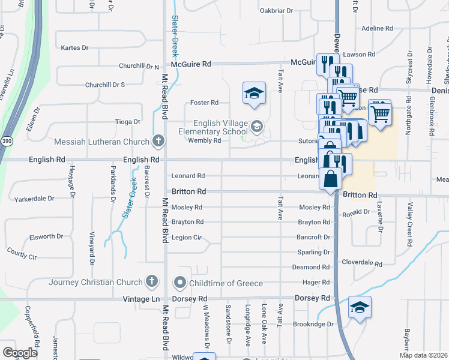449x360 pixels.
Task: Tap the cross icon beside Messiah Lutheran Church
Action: point(158,142)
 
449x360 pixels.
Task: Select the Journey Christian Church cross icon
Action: point(152,282)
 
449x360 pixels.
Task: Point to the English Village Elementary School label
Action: point(212,127)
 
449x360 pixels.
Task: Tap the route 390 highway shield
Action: point(5,140)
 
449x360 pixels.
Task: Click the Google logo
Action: point(20,352)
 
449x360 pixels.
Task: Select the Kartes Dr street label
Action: point(75,47)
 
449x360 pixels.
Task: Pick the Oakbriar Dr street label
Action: point(276,11)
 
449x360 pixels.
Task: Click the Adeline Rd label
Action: point(377,28)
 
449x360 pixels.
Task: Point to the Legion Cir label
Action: point(186,238)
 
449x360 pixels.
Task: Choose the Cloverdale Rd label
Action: point(362,263)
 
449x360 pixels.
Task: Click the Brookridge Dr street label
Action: point(313,324)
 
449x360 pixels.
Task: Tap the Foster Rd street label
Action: point(204,103)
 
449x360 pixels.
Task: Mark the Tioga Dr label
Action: point(127,122)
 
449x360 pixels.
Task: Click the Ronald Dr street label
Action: point(356,213)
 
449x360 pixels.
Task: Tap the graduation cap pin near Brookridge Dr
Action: point(360,308)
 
